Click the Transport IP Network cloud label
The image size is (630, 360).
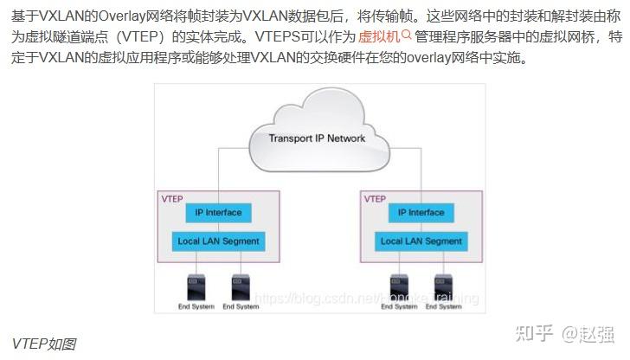coord(317,138)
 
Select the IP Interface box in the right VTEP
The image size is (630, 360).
coord(421,213)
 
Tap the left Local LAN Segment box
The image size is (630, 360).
coord(217,241)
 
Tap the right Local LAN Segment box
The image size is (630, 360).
coord(421,241)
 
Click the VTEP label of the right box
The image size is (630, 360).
coord(375,199)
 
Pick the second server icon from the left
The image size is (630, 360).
coord(240,286)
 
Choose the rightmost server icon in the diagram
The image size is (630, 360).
coord(444,286)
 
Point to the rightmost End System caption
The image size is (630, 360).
coord(444,306)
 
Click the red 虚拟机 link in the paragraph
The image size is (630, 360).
coord(378,37)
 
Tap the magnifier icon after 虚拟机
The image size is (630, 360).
coord(407,36)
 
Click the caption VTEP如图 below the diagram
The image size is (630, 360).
coord(44,344)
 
